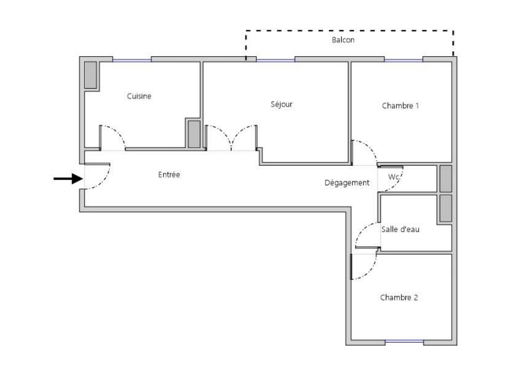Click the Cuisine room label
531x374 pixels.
tap(139, 96)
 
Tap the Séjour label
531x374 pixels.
tap(281, 104)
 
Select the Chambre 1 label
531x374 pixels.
tap(400, 106)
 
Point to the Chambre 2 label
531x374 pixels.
tap(399, 298)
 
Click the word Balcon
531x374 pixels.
tap(343, 40)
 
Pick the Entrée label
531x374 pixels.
tap(169, 175)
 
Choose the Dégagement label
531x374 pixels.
tap(347, 183)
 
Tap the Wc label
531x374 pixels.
tap(394, 177)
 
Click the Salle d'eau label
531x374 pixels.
tap(400, 229)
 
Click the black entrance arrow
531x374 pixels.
tap(69, 179)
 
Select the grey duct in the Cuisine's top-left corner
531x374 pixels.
tap(91, 75)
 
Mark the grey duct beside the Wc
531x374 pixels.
tap(446, 179)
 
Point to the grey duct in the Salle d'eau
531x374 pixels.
tap(446, 208)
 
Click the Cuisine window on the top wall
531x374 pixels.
tap(132, 60)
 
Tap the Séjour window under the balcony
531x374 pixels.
tap(276, 60)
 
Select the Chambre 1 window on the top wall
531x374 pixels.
tap(404, 60)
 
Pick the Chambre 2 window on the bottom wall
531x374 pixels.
tap(405, 342)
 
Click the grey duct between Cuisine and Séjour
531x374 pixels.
tap(194, 134)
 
